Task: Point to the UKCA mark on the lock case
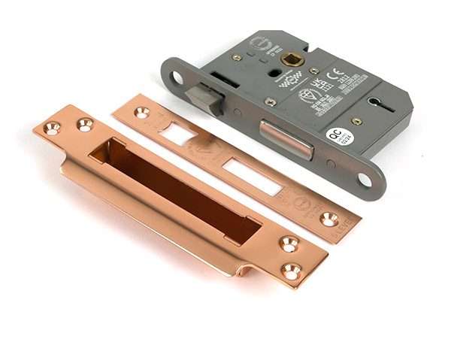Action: pos(318,83)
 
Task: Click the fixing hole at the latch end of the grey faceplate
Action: pos(177,77)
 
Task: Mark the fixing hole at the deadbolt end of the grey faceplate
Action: pos(364,180)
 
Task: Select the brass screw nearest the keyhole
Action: pos(358,121)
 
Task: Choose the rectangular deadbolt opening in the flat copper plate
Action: pos(252,177)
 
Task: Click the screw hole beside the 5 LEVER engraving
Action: pos(328,219)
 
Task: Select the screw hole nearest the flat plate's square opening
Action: pos(141,113)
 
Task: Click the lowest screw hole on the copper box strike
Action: pos(292,270)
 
